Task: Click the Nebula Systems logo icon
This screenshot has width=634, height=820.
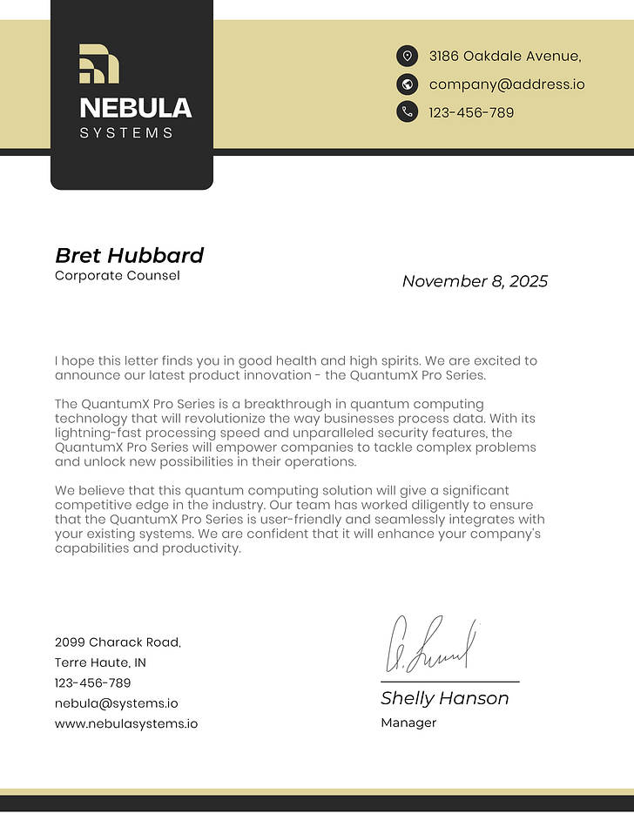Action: pyautogui.click(x=98, y=64)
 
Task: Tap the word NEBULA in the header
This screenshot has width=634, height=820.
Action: pyautogui.click(x=135, y=108)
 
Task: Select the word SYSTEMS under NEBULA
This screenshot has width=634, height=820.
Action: pyautogui.click(x=126, y=133)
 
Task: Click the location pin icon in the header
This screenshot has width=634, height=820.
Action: pyautogui.click(x=407, y=57)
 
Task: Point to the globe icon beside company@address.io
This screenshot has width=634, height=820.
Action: pyautogui.click(x=407, y=84)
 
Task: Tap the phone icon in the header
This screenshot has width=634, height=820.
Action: pyautogui.click(x=407, y=111)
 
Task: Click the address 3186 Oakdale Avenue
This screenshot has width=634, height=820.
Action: pyautogui.click(x=504, y=57)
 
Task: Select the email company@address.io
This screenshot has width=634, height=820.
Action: pyautogui.click(x=506, y=84)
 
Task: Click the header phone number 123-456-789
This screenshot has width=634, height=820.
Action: pyautogui.click(x=471, y=112)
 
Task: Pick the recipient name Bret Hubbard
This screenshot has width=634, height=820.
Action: pyautogui.click(x=129, y=255)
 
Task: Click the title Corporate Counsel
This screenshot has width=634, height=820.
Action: pyautogui.click(x=117, y=276)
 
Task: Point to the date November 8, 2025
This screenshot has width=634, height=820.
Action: pyautogui.click(x=475, y=281)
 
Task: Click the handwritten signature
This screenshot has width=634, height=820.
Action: pyautogui.click(x=431, y=644)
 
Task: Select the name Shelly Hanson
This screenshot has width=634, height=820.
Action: pyautogui.click(x=444, y=698)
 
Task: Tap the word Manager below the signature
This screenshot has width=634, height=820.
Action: pyautogui.click(x=408, y=723)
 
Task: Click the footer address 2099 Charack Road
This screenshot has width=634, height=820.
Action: pyautogui.click(x=118, y=642)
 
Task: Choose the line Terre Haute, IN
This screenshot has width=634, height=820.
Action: pyautogui.click(x=100, y=662)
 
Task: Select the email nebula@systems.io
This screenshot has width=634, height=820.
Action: pyautogui.click(x=116, y=703)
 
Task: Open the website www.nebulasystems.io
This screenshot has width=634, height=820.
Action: pyautogui.click(x=125, y=723)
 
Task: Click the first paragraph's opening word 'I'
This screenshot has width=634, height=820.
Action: pyautogui.click(x=57, y=360)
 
